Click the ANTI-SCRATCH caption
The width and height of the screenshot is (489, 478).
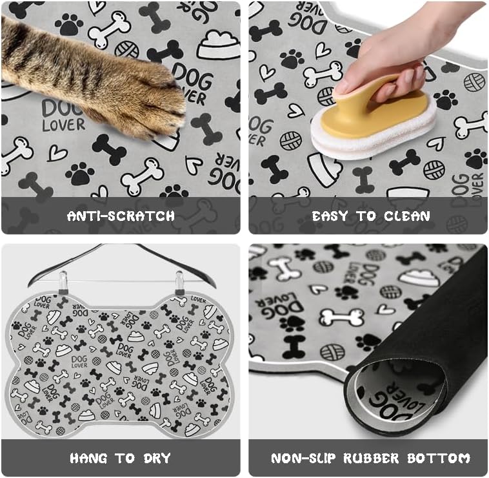click(x=121, y=216)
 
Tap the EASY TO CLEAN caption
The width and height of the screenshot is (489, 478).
click(x=371, y=216)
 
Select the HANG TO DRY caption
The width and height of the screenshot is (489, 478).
click(x=121, y=459)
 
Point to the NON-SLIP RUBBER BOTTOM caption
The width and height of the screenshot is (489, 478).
click(x=371, y=459)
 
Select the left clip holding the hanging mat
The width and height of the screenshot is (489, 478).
click(x=63, y=284)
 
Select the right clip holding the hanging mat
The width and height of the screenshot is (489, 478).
click(x=179, y=284)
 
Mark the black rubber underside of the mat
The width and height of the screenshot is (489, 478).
click(x=452, y=323)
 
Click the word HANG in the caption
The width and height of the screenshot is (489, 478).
click(x=88, y=459)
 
